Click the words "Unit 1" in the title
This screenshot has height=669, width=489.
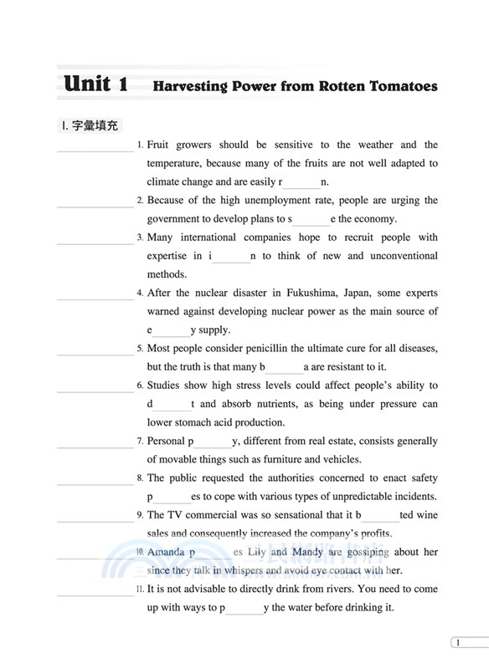coord(96,84)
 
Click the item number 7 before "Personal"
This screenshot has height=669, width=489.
coord(139,441)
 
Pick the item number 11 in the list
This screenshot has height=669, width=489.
coord(139,590)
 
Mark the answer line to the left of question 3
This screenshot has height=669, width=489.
coord(95,243)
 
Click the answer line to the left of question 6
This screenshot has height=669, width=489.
coord(95,391)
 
